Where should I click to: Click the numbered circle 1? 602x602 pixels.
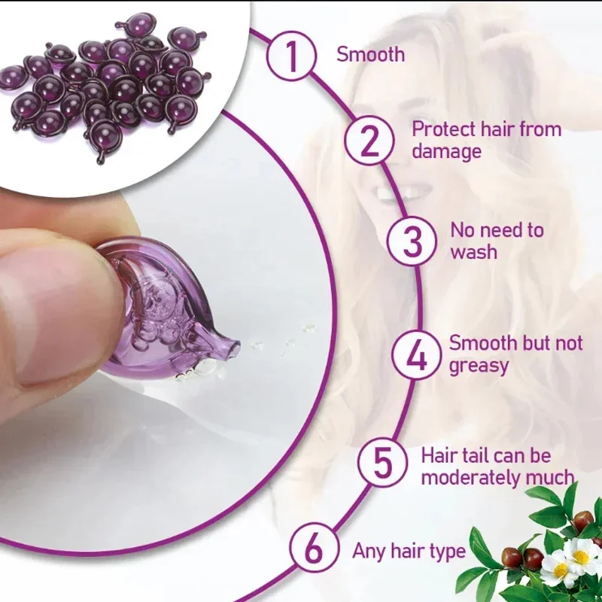tap(292, 56)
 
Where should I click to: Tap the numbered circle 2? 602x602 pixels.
tap(369, 141)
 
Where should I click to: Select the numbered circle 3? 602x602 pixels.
tap(412, 241)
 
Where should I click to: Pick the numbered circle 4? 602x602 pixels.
tap(417, 355)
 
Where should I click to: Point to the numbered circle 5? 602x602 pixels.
tap(383, 463)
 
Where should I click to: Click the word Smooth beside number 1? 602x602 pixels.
tap(370, 54)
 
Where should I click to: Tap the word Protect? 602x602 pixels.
tap(444, 129)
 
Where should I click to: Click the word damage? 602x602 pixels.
tap(446, 152)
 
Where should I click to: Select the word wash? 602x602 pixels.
tap(474, 252)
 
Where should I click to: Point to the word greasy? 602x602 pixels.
tap(479, 366)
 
